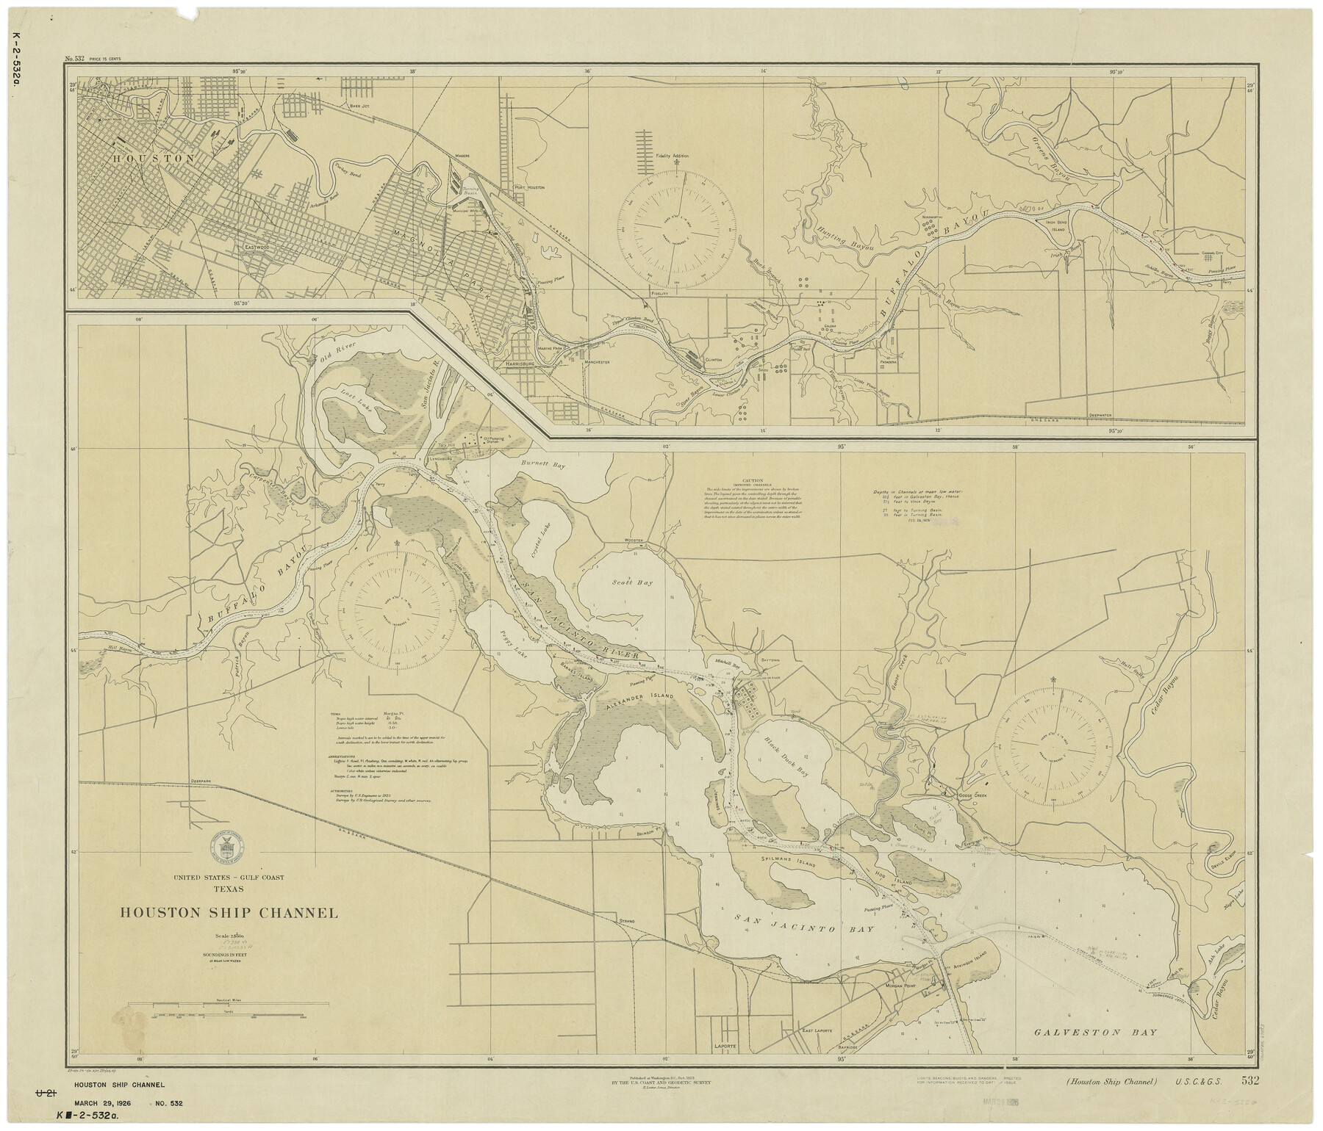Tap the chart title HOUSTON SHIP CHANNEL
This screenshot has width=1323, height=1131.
coord(229,913)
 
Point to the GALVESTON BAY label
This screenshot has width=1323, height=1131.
coord(1097,1032)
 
